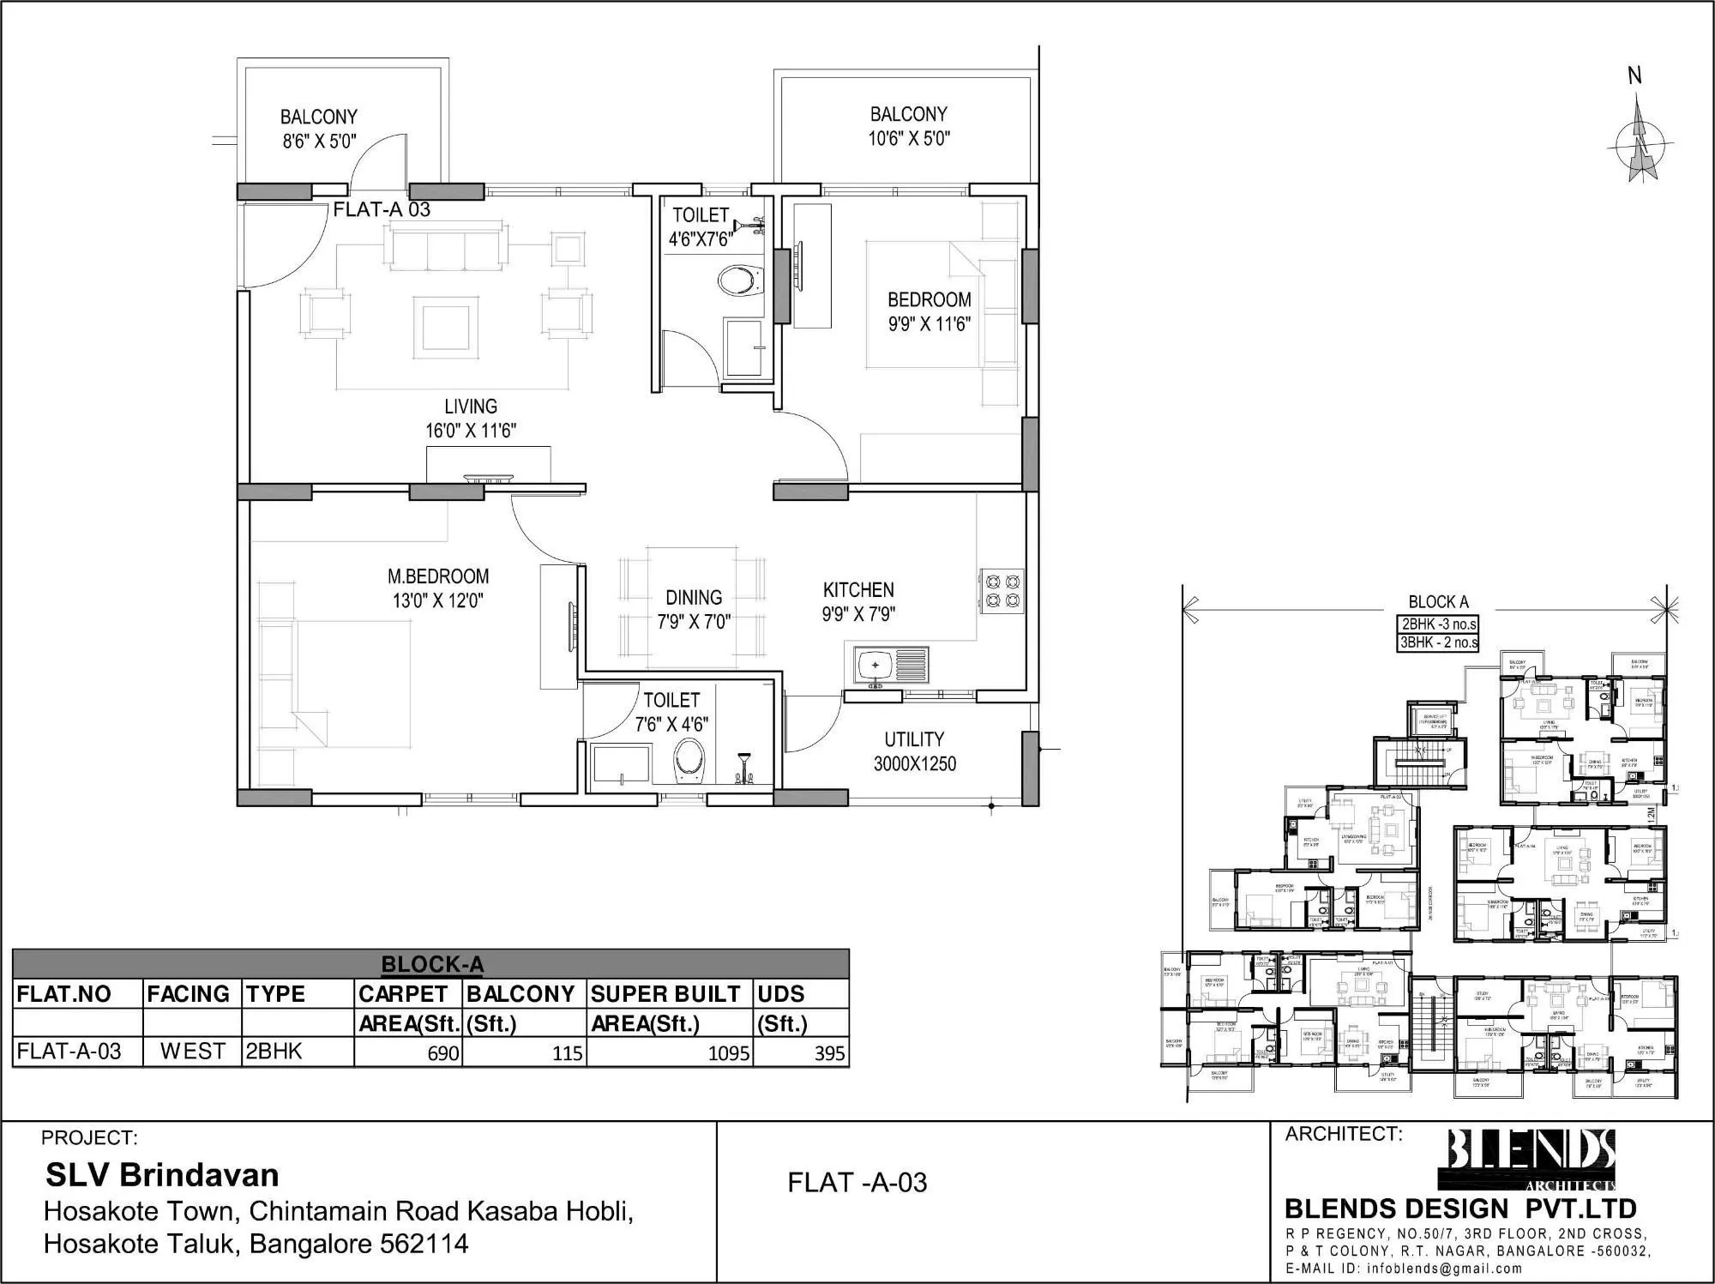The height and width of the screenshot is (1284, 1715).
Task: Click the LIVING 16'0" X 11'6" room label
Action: coord(471,419)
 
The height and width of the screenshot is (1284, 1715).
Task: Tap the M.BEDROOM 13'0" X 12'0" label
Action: coord(438,588)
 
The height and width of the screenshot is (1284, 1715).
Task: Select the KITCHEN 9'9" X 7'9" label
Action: coord(858,602)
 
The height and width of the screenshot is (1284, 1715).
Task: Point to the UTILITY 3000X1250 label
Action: coord(914,751)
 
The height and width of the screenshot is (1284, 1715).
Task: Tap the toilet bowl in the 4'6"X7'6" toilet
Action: coord(738,280)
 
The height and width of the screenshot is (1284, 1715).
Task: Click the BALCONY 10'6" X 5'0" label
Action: coord(909,126)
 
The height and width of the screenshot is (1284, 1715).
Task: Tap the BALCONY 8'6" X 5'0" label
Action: coord(319,129)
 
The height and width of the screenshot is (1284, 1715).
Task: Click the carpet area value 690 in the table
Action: coord(443,1053)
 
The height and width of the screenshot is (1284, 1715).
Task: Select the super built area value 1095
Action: coord(729,1053)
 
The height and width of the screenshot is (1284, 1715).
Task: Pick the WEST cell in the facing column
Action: coord(192,1052)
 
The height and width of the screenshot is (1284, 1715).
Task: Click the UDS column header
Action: coord(780,994)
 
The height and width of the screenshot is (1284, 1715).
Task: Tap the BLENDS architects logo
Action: coord(1531,1159)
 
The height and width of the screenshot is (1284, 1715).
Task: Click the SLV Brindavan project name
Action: coord(162,1175)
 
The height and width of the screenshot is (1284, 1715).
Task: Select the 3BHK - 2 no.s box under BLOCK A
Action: coord(1438,642)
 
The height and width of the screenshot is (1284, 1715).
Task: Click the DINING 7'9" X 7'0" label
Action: coord(694,609)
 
